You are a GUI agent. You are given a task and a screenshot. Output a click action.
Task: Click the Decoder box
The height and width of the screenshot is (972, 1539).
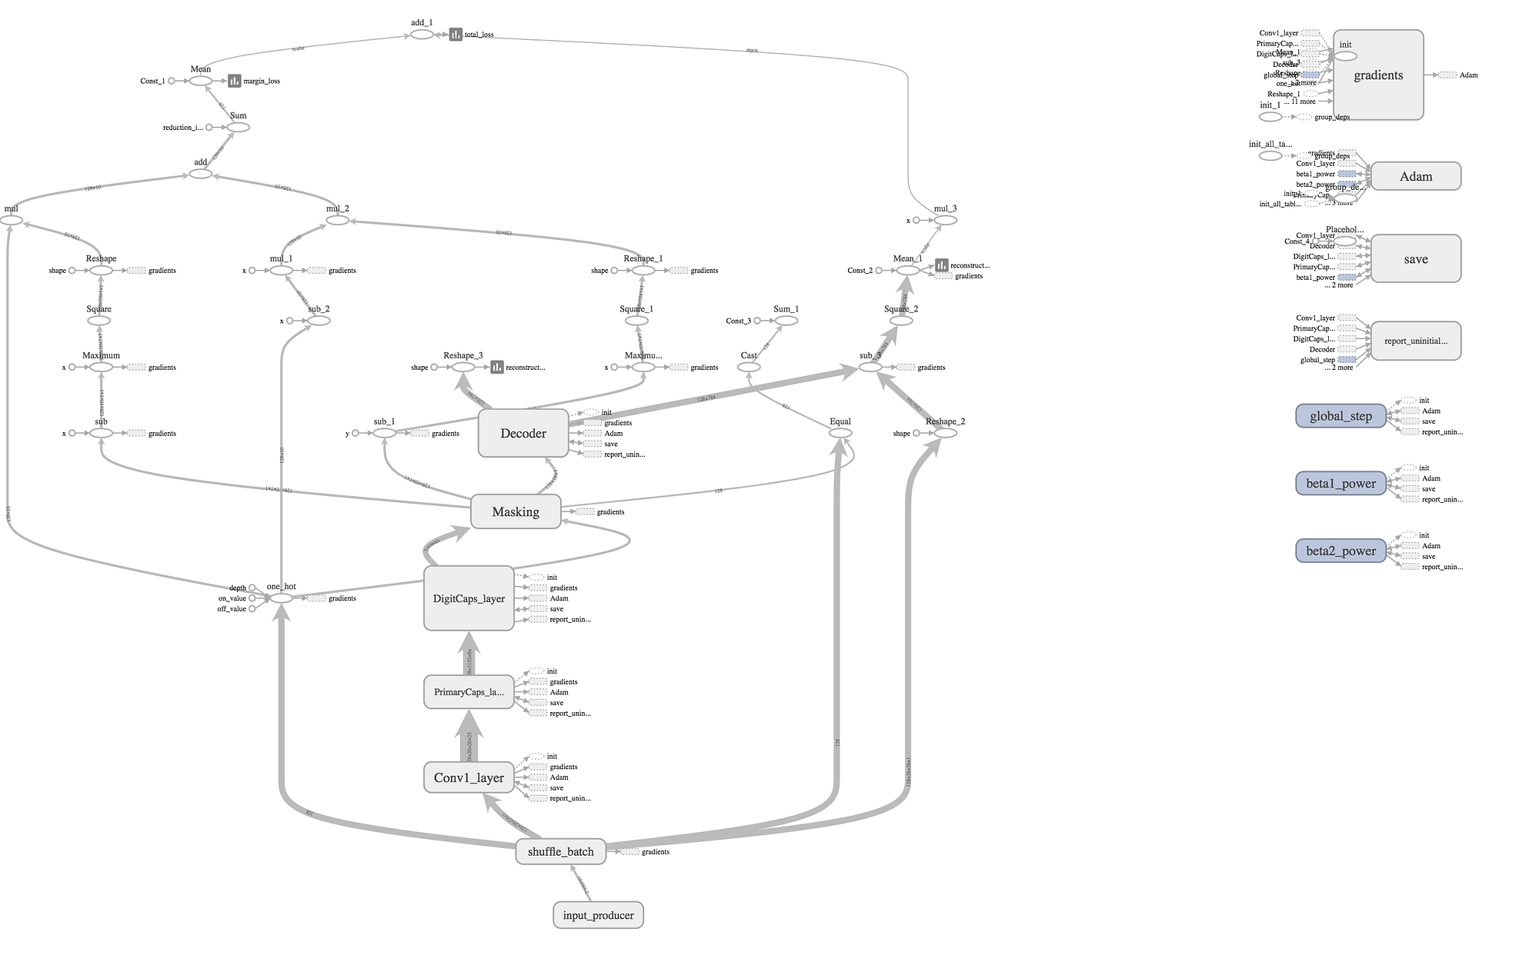coord(523,433)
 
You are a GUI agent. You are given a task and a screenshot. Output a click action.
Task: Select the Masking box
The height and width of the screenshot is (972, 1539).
coord(516,512)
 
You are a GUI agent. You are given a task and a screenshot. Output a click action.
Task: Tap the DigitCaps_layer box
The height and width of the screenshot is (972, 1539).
coord(469,598)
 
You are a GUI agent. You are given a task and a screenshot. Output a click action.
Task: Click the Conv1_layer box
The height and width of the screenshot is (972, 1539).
coord(469,777)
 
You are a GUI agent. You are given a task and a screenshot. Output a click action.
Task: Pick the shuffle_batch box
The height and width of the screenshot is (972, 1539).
coord(560,851)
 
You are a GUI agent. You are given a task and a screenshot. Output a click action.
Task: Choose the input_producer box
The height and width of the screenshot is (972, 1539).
coord(598,915)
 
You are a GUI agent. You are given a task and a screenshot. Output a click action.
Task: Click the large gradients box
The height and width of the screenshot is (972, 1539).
coord(1378,75)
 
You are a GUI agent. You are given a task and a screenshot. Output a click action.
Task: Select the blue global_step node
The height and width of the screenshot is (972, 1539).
coord(1340,416)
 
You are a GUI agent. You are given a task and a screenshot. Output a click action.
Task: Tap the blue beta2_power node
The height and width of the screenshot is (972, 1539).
coord(1340,551)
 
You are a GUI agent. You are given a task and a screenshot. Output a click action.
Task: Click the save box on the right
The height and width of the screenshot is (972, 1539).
coord(1415,259)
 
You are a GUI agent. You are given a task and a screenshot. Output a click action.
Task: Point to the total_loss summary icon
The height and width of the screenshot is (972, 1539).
coord(456,35)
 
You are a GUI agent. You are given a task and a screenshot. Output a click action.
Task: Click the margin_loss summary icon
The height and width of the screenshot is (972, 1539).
coord(235,81)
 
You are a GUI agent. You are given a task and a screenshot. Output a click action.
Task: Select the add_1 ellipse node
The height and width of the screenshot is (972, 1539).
coord(422,35)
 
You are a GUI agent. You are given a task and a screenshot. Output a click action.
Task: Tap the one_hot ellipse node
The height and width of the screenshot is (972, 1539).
coord(282,598)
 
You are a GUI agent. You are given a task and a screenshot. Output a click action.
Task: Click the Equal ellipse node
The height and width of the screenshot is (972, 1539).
coord(840,433)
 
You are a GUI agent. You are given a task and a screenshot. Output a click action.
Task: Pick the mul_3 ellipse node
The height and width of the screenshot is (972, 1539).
coord(946,220)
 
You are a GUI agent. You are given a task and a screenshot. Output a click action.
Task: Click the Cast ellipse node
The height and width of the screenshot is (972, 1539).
coord(749,367)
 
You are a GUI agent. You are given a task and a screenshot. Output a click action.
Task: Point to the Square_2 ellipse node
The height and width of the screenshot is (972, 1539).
coord(901,321)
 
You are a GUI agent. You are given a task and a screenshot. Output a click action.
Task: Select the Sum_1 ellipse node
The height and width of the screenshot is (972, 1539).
coord(786,321)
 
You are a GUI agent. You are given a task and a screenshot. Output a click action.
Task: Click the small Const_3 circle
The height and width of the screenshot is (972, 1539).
coord(757,321)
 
